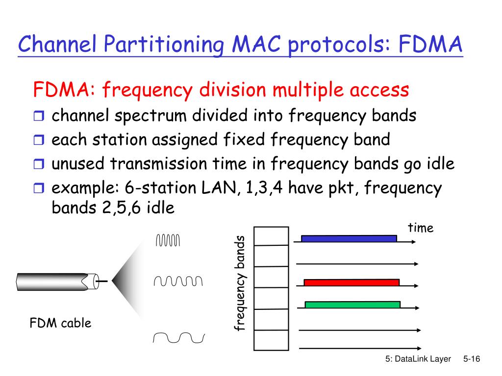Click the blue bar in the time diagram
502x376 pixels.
(349, 238)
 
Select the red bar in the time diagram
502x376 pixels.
(351, 282)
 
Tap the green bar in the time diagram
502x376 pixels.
(352, 305)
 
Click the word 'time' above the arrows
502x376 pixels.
(421, 228)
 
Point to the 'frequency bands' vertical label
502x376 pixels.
(239, 283)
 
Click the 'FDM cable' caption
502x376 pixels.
(61, 323)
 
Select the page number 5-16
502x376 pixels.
(471, 359)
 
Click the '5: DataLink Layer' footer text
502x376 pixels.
(418, 359)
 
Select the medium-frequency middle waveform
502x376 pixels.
(177, 281)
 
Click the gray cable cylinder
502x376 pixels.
(54, 281)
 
